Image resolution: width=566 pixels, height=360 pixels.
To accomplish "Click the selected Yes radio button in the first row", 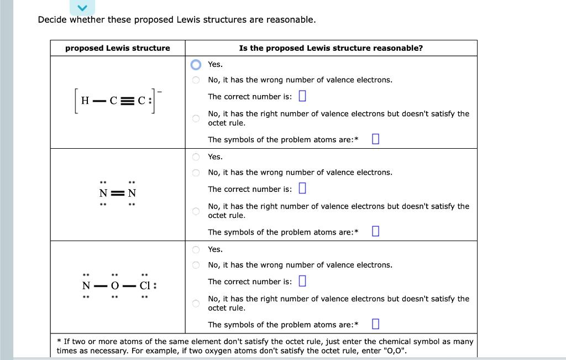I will pos(196,65).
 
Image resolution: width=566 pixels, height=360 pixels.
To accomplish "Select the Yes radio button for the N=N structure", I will pos(196,157).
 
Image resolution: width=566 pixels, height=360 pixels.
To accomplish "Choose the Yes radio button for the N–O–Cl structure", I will pos(196,249).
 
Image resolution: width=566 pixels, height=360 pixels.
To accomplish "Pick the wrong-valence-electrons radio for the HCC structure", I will pos(196,80).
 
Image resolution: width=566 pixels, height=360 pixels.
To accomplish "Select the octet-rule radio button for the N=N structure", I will pos(196,211).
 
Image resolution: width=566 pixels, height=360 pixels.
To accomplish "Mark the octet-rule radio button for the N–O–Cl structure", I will pos(196,303).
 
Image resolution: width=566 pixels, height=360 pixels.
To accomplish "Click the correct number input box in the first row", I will pos(302,96).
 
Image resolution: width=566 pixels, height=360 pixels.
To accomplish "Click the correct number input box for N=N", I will pos(302,189).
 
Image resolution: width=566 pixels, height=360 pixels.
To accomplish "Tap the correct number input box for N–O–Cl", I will pos(302,281).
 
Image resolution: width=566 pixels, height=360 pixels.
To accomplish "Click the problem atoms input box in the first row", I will pos(375,139).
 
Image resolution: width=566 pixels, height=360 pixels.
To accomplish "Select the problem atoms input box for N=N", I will pos(375,231).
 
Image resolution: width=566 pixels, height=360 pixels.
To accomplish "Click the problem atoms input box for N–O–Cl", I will pos(375,324).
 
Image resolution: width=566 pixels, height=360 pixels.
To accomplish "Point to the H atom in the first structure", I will pos(85,101).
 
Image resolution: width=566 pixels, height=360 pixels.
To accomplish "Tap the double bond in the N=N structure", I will pos(117,194).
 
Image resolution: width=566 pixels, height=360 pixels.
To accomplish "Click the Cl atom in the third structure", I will pos(145,286).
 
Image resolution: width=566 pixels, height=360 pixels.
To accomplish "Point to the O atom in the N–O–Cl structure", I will pos(115,286).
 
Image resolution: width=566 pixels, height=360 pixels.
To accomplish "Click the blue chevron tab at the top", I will pos(82,8).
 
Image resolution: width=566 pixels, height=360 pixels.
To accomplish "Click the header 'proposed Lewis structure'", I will pos(118,48).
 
